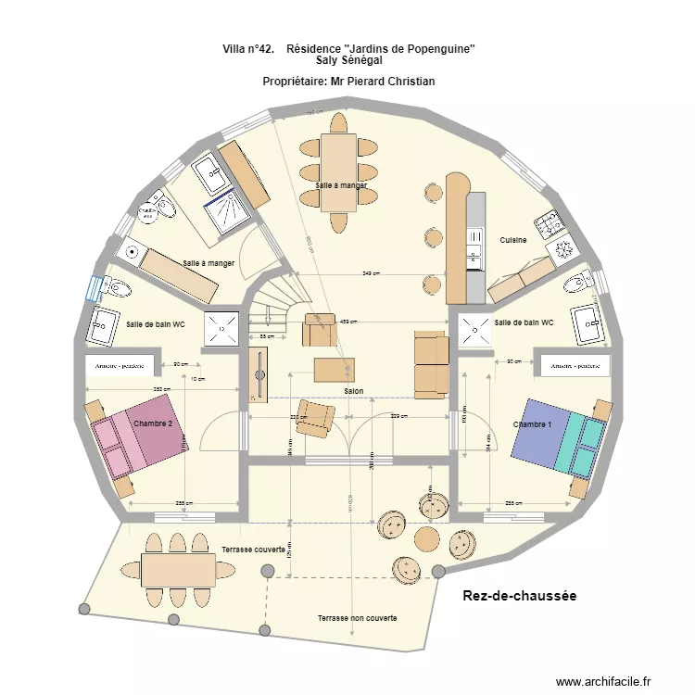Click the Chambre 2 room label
(153, 423)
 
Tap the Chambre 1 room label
(533, 424)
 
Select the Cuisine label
(513, 240)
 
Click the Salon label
(353, 392)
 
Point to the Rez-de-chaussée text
(519, 597)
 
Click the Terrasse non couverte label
(357, 618)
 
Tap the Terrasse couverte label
(253, 550)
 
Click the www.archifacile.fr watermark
(604, 682)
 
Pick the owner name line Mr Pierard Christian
(348, 82)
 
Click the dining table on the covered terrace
(179, 569)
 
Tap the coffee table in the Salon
(334, 370)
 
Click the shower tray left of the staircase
(221, 327)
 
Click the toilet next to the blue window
(115, 288)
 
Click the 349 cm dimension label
(371, 274)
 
